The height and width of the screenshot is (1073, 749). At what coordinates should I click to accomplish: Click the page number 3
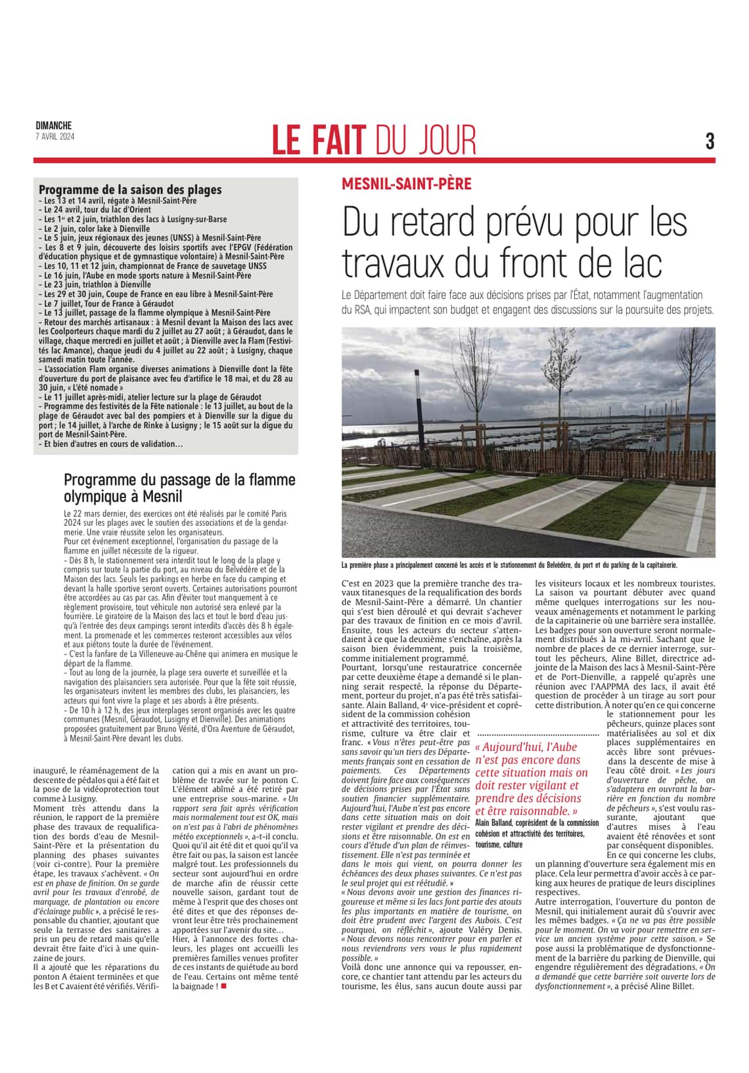(x=710, y=141)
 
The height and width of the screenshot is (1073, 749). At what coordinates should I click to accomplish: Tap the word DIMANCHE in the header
(x=54, y=126)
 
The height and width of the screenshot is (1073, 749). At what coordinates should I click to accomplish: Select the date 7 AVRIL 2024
(x=55, y=136)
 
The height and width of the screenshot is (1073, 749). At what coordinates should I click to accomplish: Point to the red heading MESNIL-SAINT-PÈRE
(x=406, y=184)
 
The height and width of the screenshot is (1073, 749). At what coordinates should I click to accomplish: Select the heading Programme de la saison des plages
(x=130, y=190)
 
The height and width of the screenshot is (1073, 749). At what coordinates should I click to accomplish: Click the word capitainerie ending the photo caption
(x=655, y=564)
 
